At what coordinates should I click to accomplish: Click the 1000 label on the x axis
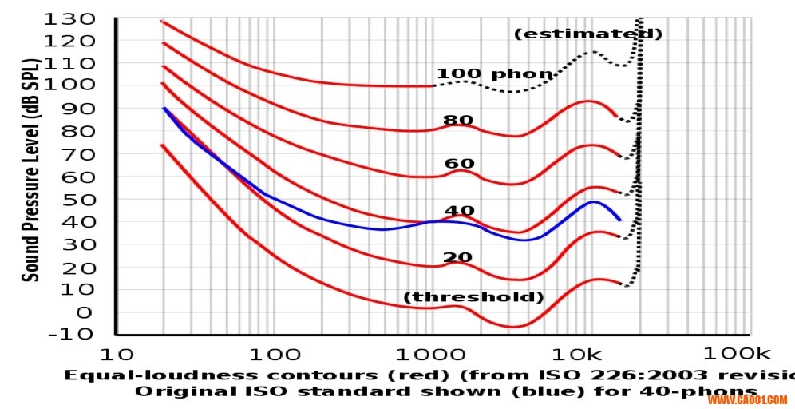(x=432, y=352)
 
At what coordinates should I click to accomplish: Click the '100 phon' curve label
(x=495, y=74)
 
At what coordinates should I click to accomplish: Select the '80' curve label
(x=458, y=121)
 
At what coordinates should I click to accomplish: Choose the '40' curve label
(x=458, y=212)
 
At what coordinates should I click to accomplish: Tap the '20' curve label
(x=458, y=258)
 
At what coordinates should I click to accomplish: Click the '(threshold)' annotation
(x=473, y=297)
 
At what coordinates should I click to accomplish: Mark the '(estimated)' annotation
(x=587, y=34)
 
